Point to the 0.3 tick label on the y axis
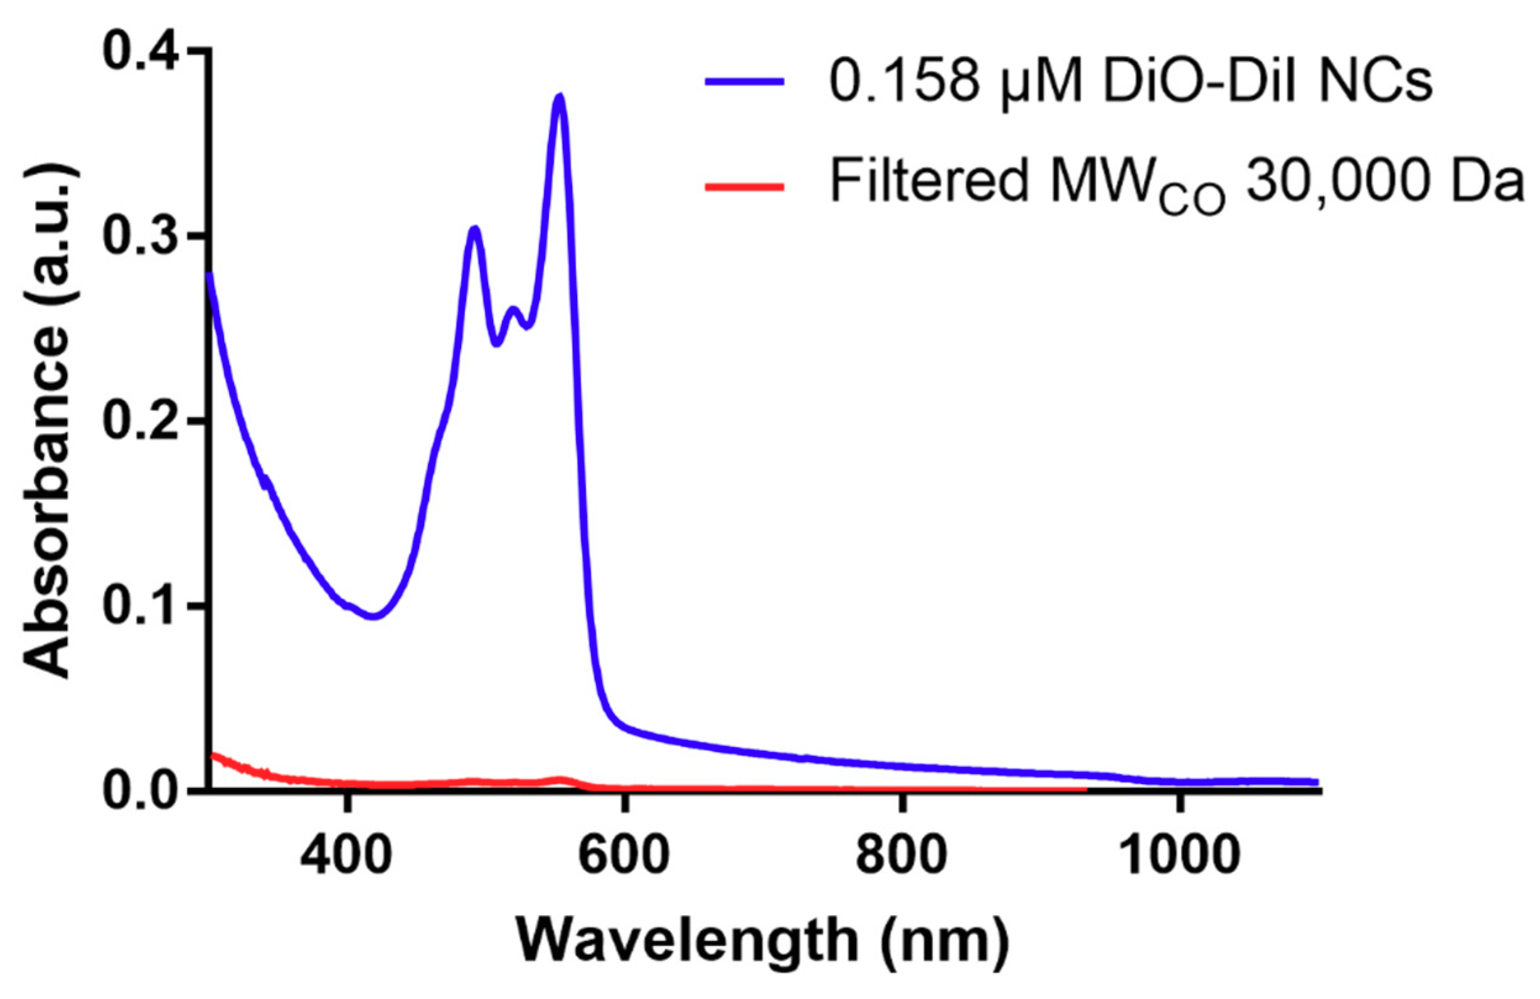(144, 236)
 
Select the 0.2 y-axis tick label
(144, 421)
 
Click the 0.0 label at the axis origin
(144, 790)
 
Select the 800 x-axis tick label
(901, 855)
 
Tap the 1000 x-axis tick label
(1177, 855)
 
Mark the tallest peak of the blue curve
(560, 96)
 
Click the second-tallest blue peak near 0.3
(475, 228)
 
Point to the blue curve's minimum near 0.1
(374, 616)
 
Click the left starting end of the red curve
(214, 755)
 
